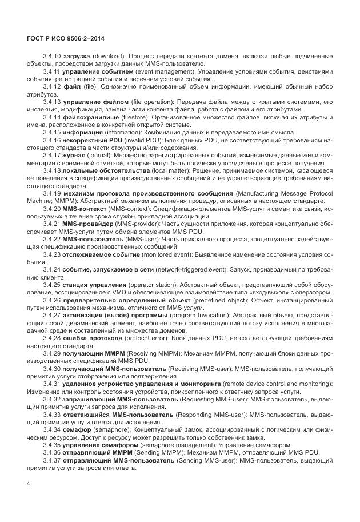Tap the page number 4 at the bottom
click(x=29, y=484)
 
